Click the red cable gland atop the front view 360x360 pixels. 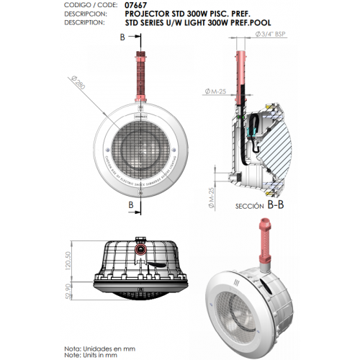142,79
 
